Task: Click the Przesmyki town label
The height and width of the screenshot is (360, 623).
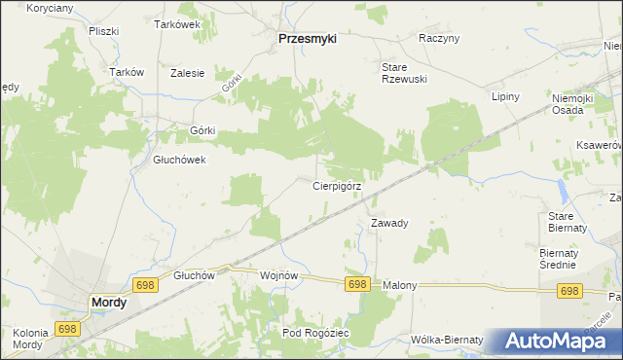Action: (307, 38)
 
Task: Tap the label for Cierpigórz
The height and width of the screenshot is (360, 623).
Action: (338, 185)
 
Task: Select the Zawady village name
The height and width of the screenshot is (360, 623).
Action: (389, 223)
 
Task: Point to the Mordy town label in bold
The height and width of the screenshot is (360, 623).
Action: (108, 303)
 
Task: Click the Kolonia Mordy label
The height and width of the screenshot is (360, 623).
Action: (29, 340)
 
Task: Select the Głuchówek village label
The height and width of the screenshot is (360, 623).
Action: (180, 161)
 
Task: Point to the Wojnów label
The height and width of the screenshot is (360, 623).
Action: (278, 275)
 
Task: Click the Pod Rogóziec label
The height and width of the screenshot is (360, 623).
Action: (315, 334)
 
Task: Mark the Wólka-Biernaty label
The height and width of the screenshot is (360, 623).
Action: (447, 340)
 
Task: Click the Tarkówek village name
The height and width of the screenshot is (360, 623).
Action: (177, 24)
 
